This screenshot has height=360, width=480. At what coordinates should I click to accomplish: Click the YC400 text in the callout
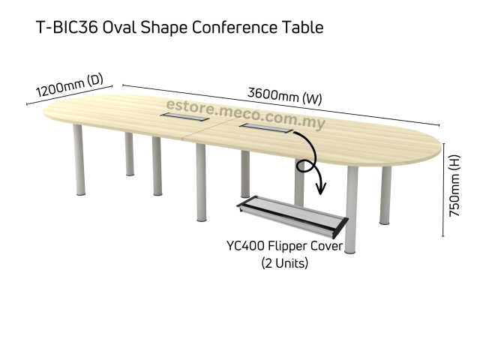pyautogui.click(x=246, y=247)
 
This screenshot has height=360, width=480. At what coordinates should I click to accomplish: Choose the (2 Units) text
pyautogui.click(x=284, y=262)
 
